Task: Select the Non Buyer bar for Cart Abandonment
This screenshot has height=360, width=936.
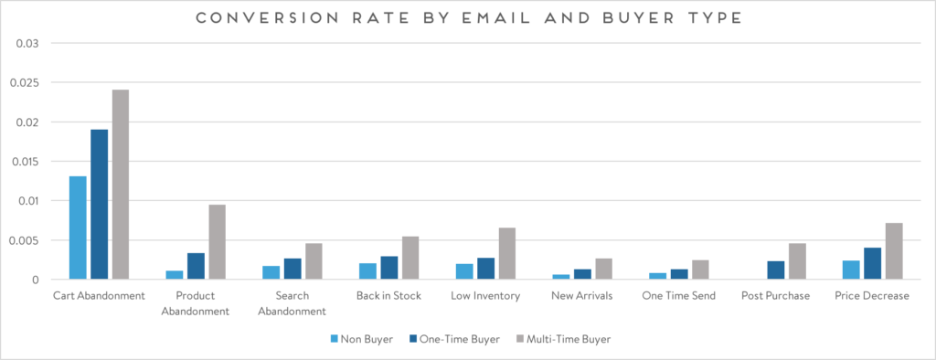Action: tap(78, 228)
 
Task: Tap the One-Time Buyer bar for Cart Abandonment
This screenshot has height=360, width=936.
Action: tap(99, 205)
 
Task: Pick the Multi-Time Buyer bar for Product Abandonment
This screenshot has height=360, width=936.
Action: tap(217, 242)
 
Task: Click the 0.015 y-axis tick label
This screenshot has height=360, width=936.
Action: tap(26, 162)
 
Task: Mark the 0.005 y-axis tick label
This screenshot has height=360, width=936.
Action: tap(26, 240)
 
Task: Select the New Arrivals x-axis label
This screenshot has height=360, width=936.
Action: tap(581, 296)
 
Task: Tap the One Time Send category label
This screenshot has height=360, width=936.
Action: tap(677, 296)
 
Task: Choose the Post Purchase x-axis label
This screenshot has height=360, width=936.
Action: tap(776, 296)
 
